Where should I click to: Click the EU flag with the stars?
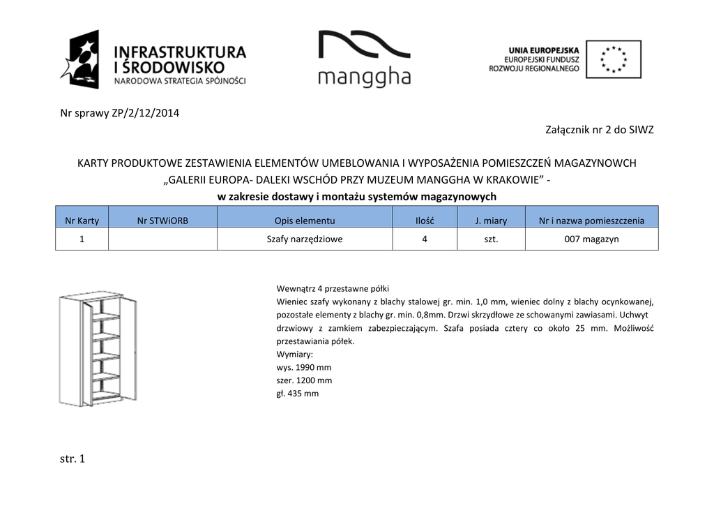tap(613, 59)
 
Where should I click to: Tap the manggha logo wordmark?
tap(364, 77)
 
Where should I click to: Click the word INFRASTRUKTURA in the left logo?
tap(179, 52)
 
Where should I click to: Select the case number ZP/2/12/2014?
tap(145, 113)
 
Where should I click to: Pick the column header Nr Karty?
tap(82, 221)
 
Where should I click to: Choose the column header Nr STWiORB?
tap(162, 221)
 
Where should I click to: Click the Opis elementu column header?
tap(305, 221)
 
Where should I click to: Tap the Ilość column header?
tap(425, 221)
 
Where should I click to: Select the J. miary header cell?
tap(491, 221)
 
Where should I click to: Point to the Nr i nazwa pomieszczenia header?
tap(591, 221)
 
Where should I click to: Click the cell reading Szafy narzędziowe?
tap(305, 239)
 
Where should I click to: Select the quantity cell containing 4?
tap(425, 239)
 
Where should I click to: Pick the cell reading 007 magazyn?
tap(591, 239)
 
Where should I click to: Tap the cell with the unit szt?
tap(491, 239)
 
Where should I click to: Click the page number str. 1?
tap(73, 459)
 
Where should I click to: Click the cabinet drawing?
tap(98, 349)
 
